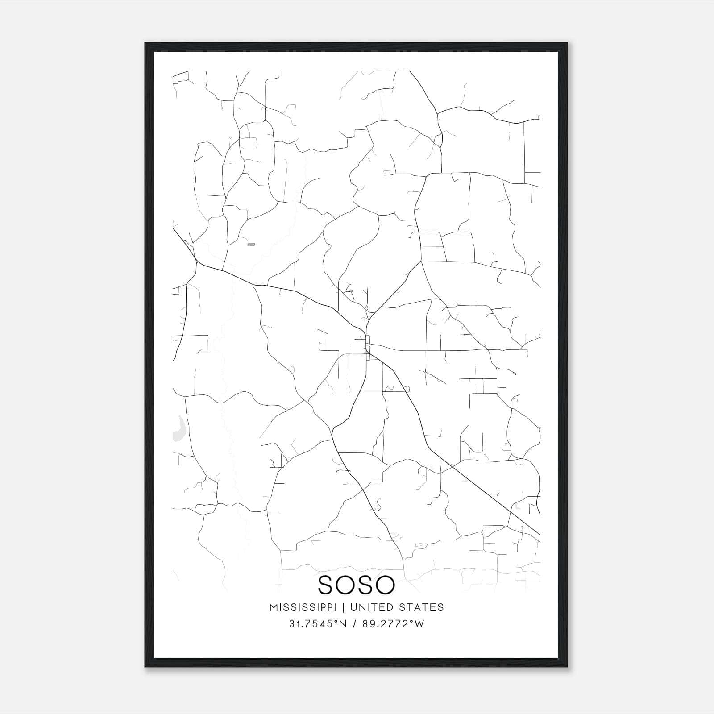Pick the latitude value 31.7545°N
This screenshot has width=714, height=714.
pos(318,623)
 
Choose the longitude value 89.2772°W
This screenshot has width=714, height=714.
pos(393,623)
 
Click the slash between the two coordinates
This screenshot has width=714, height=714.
pos(355,623)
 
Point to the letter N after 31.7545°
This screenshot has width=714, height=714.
pos(343,623)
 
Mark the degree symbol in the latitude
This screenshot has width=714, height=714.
pos(337,621)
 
